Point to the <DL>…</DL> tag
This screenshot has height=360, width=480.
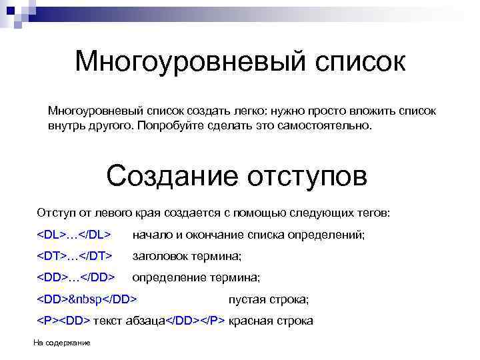[73, 235]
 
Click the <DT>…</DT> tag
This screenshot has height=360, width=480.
[73, 255]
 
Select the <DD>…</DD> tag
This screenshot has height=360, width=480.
[75, 277]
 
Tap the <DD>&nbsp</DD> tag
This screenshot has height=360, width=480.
[87, 299]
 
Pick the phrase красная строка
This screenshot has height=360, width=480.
[271, 321]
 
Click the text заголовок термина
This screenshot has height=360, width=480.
[187, 255]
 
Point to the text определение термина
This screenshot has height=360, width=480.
[196, 277]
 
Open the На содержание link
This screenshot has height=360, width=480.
[61, 343]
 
